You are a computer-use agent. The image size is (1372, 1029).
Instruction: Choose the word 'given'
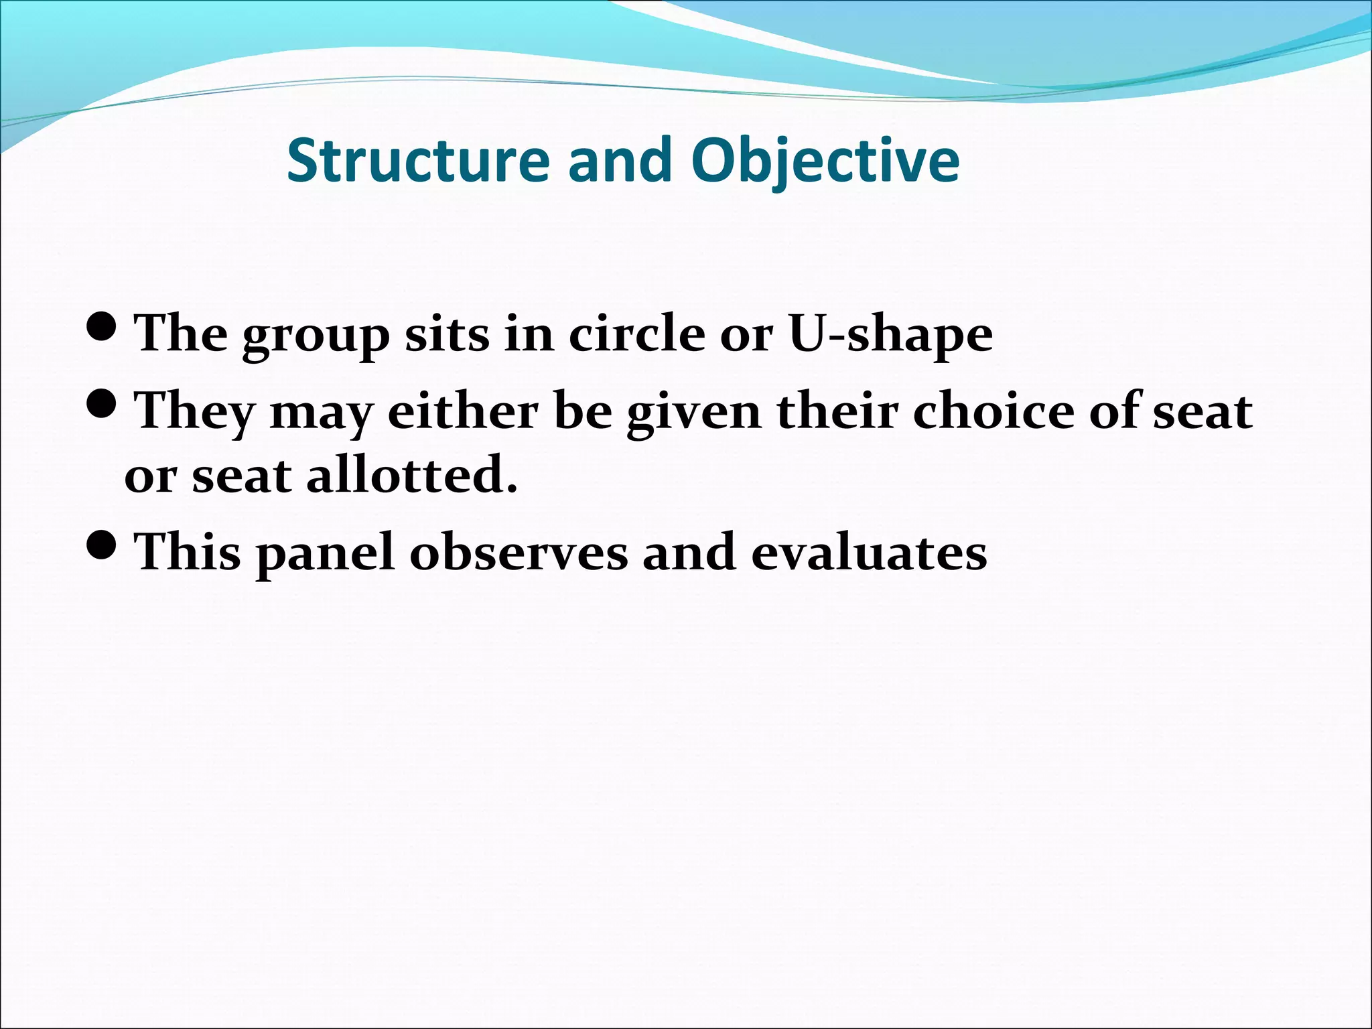pyautogui.click(x=693, y=412)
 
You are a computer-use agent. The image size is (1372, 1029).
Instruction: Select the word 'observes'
pyautogui.click(x=519, y=552)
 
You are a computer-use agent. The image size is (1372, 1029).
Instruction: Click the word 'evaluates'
pyautogui.click(x=868, y=552)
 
